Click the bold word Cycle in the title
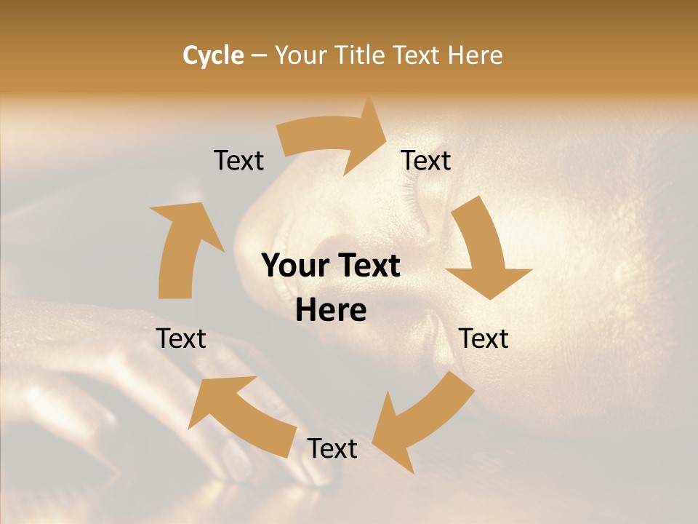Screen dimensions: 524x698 [x=213, y=55]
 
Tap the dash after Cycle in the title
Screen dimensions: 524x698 [x=259, y=55]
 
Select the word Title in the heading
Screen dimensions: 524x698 [x=361, y=55]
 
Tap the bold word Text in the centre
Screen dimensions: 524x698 [x=368, y=266]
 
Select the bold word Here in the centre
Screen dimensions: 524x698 [x=331, y=311]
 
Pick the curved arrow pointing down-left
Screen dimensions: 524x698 [x=422, y=418]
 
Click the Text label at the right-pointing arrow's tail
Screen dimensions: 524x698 [x=238, y=161]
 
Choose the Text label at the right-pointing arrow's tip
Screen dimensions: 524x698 [x=426, y=161]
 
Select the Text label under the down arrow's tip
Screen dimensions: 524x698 [x=484, y=338]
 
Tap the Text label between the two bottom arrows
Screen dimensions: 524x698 [x=332, y=449]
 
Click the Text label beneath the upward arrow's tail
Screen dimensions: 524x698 [x=181, y=338]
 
